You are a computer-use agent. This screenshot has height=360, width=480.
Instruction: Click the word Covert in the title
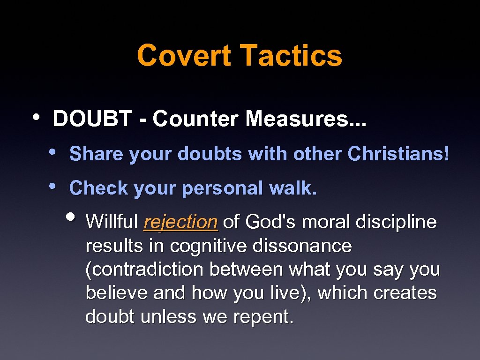[x=184, y=55]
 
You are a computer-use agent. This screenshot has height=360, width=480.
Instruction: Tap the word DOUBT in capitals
[x=92, y=119]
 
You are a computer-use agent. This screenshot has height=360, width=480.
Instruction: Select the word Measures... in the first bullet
[x=307, y=119]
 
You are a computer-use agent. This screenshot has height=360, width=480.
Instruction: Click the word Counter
[x=196, y=119]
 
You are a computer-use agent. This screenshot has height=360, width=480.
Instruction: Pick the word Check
[x=98, y=188]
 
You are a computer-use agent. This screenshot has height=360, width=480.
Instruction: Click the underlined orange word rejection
[x=180, y=222]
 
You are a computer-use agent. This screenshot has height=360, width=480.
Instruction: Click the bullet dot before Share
[x=53, y=151]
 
